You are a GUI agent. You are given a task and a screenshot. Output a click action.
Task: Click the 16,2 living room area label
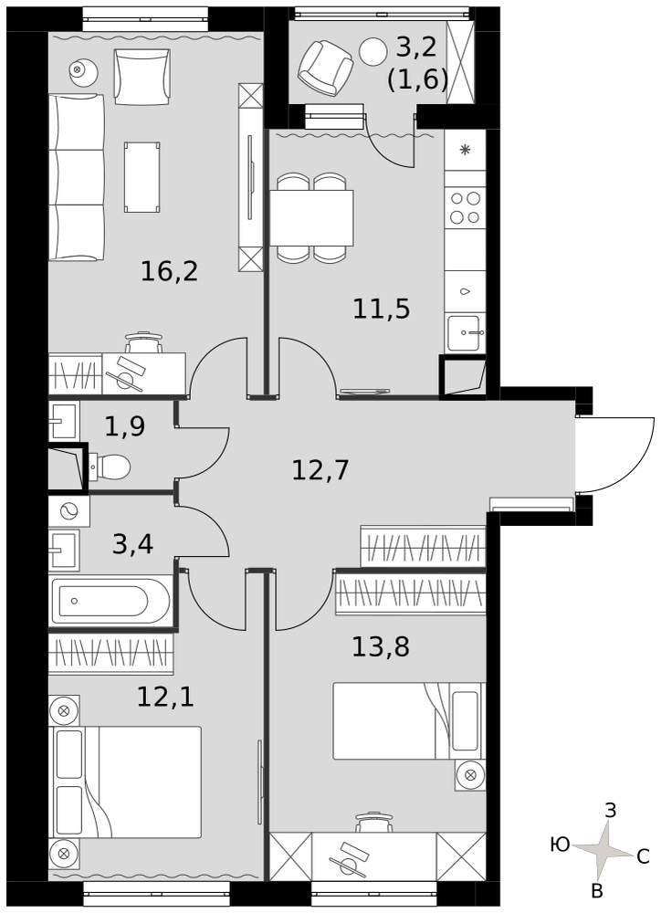[x=170, y=271]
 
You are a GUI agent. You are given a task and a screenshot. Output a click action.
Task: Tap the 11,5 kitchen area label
[x=382, y=309]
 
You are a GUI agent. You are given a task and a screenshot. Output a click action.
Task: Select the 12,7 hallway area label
[x=320, y=470]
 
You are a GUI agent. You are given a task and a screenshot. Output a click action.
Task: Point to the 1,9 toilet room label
[x=125, y=426]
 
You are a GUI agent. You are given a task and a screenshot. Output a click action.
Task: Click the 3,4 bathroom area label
[x=132, y=544]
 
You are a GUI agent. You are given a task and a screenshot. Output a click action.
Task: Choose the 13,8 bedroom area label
[x=381, y=646]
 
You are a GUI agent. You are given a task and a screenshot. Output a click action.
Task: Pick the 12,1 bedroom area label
[x=165, y=697]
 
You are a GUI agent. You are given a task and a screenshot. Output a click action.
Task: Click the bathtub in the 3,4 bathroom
[x=110, y=601]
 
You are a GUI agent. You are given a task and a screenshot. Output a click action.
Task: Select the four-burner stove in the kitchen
[x=466, y=208]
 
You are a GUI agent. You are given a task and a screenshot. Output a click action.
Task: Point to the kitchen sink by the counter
[x=464, y=333]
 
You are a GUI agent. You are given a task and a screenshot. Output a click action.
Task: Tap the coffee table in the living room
[x=142, y=177]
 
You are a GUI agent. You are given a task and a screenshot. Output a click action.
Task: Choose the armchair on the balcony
[x=326, y=68]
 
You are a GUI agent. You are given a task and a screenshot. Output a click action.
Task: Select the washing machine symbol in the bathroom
[x=69, y=511]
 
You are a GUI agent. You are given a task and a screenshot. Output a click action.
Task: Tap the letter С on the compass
[x=643, y=856]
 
